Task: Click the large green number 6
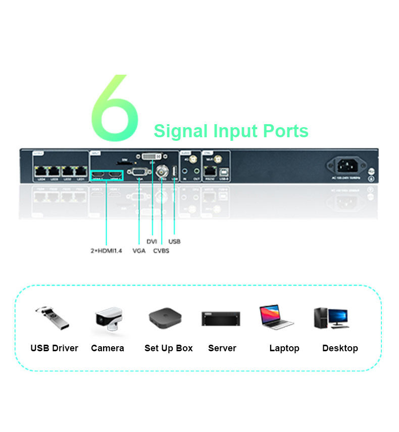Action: tap(115, 109)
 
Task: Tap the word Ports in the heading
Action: tap(285, 131)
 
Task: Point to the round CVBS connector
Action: tap(162, 170)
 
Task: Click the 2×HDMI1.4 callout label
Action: tap(106, 251)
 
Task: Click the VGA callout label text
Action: tap(139, 251)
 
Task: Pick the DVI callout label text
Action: tap(152, 241)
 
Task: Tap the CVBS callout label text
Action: tap(161, 251)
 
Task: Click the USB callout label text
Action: tap(174, 241)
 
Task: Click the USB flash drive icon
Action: tap(51, 317)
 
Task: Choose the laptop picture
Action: tap(275, 317)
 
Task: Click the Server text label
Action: tap(222, 348)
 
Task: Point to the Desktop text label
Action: tap(340, 348)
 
